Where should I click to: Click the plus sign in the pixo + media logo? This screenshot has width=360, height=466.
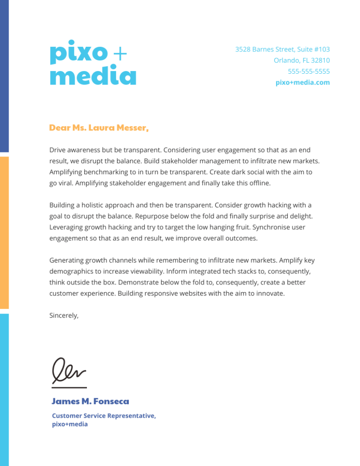[119, 54]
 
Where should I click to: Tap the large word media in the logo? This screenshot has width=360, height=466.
[93, 76]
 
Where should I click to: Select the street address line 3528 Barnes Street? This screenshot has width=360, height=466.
[282, 49]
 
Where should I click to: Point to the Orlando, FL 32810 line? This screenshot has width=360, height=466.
[302, 60]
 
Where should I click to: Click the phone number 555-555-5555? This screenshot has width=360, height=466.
[309, 71]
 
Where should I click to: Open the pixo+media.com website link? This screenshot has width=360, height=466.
[303, 82]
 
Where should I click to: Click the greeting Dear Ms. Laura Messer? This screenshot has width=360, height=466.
[99, 128]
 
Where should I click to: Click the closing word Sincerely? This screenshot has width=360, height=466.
[64, 315]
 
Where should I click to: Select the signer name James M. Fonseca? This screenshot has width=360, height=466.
[90, 401]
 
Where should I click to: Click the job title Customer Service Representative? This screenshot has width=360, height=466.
[104, 415]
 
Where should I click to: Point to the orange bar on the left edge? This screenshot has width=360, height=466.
[4, 233]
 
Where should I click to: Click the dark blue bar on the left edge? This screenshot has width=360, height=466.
[4, 76]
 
